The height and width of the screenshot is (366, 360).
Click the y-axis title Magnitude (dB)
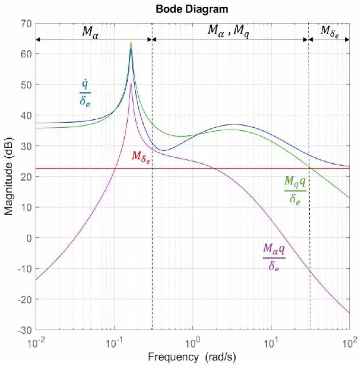pos(9,176)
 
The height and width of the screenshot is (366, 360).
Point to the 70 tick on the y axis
pos(26,24)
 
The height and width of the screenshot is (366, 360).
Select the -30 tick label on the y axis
pos(25,330)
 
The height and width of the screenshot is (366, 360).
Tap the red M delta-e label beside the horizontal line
pos(141,156)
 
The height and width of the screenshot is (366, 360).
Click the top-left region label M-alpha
pos(89,32)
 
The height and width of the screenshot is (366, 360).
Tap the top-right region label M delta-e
pos(330,31)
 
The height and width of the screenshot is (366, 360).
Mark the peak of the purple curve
pos(131,84)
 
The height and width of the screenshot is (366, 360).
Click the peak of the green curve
pos(131,42)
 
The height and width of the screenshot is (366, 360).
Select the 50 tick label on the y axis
pos(26,85)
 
